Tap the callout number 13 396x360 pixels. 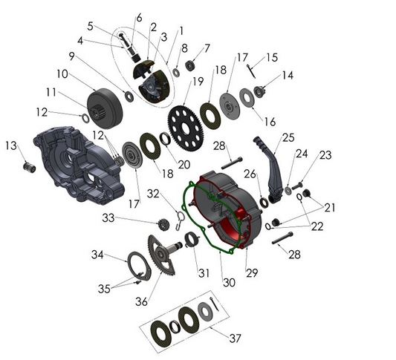click(x=10, y=145)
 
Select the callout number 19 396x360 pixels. click(x=198, y=81)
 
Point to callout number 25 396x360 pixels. click(x=288, y=137)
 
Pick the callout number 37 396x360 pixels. click(x=235, y=338)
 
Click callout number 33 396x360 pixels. click(x=108, y=218)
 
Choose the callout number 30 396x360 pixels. click(x=229, y=282)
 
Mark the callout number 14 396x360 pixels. click(x=287, y=75)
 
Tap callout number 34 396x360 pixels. click(x=97, y=255)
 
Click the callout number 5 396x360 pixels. click(x=90, y=25)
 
